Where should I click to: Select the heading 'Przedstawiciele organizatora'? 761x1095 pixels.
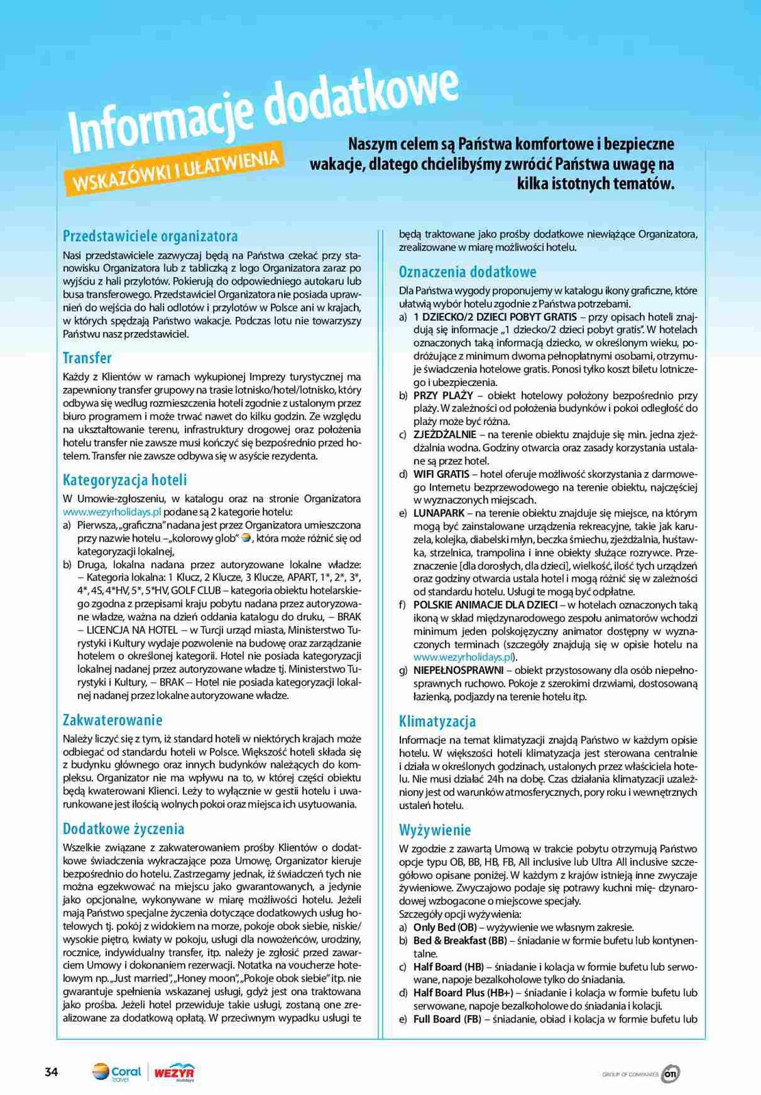150,236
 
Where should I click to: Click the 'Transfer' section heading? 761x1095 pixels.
87,358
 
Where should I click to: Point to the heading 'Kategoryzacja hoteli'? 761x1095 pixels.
125,480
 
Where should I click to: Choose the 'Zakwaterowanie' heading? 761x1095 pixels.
112,720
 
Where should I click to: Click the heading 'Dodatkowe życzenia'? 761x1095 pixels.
123,829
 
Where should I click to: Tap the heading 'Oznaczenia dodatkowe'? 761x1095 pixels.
467,272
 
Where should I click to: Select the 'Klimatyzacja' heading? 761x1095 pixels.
437,721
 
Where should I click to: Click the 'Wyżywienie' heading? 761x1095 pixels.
435,830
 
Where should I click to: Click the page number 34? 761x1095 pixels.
51,1072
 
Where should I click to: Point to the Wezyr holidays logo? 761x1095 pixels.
175,1072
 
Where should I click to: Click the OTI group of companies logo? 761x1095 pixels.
670,1074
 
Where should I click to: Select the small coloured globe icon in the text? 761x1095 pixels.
247,538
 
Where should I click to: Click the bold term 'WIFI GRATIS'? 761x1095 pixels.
441,474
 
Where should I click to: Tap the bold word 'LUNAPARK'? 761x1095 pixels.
439,513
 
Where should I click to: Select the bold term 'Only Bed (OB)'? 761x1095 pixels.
445,927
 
